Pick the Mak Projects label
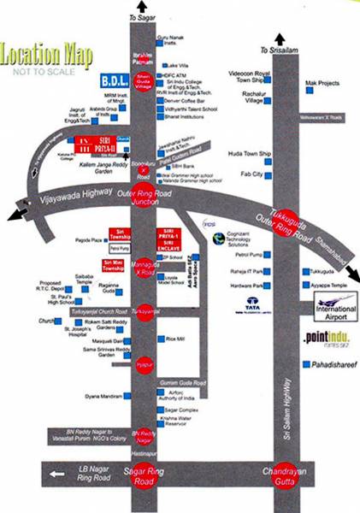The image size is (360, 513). (x=322, y=84)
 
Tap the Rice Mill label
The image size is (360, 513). (x=176, y=339)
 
